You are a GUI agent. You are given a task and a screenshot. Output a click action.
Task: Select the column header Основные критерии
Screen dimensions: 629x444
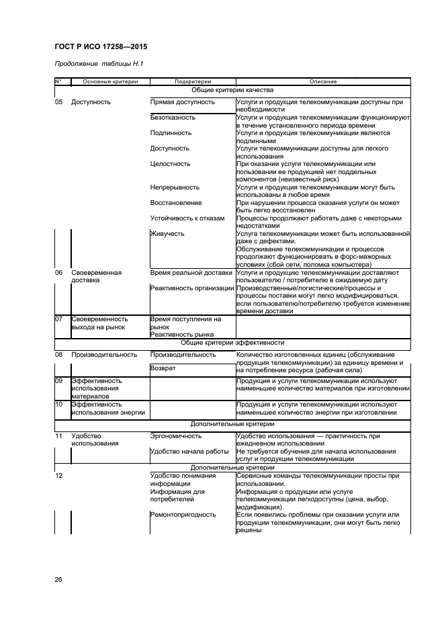click(x=109, y=81)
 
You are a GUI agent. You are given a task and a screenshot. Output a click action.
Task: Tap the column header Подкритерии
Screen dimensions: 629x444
click(x=192, y=81)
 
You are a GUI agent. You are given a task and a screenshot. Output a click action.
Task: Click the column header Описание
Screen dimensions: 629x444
click(x=322, y=81)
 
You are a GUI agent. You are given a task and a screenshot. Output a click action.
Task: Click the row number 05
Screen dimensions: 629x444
click(x=58, y=102)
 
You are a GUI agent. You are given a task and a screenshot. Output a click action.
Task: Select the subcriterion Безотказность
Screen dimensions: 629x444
click(x=173, y=118)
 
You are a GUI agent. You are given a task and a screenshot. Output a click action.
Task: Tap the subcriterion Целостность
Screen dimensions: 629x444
click(x=171, y=164)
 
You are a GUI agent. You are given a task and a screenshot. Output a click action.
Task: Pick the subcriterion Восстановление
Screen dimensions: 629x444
click(x=176, y=203)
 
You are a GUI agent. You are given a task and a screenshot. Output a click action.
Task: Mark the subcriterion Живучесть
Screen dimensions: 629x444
click(x=168, y=234)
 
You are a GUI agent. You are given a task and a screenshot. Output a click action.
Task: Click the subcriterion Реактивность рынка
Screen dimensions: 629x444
click(x=182, y=334)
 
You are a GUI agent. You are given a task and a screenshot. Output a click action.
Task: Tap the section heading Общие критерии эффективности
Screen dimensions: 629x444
click(x=232, y=342)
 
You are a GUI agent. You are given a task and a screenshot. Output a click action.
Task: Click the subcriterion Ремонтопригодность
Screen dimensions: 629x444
click(x=183, y=515)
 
